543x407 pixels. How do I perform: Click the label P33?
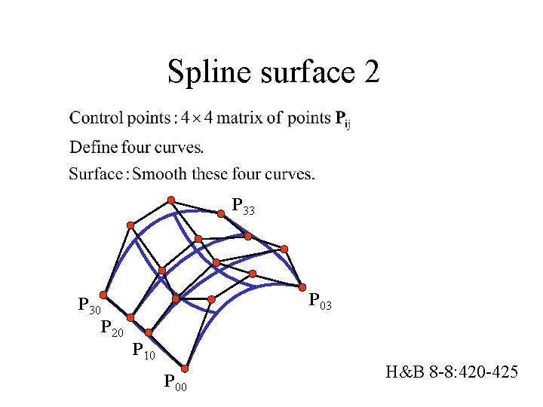[x=243, y=206]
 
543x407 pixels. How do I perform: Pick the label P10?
[x=143, y=350]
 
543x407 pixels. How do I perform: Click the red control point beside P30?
[x=103, y=297]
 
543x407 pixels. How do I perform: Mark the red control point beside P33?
[x=221, y=213]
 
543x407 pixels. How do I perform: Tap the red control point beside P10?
[x=149, y=332]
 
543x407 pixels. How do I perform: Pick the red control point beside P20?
[x=130, y=318]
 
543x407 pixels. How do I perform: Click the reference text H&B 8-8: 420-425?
[x=451, y=372]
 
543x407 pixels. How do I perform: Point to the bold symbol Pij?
[x=342, y=119]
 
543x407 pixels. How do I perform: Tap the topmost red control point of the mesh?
[x=171, y=200]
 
